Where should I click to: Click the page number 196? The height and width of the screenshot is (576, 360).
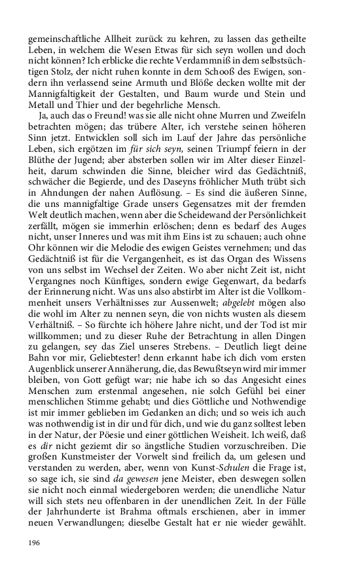point(35,543)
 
